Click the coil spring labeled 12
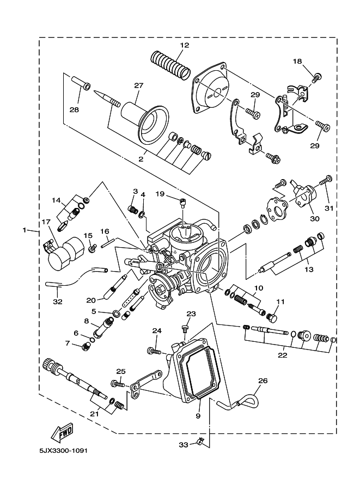[x=170, y=65]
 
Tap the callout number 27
[x=138, y=85]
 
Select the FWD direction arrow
[x=62, y=433]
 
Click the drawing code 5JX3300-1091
[x=64, y=450]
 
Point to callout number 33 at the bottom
[x=184, y=445]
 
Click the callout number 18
[x=297, y=61]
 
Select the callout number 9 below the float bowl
[x=198, y=415]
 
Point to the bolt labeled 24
[x=154, y=351]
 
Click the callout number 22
[x=282, y=355]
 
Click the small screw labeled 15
[x=93, y=248]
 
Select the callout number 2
[x=141, y=159]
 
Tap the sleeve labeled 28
[x=80, y=82]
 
